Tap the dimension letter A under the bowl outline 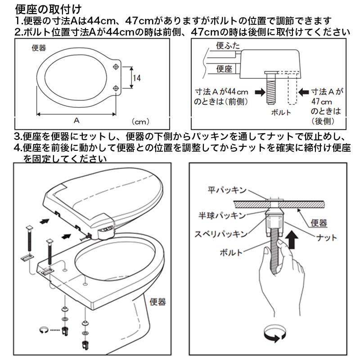coord(76,120)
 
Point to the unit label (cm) coord(140,121)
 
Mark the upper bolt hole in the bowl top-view coord(116,67)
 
